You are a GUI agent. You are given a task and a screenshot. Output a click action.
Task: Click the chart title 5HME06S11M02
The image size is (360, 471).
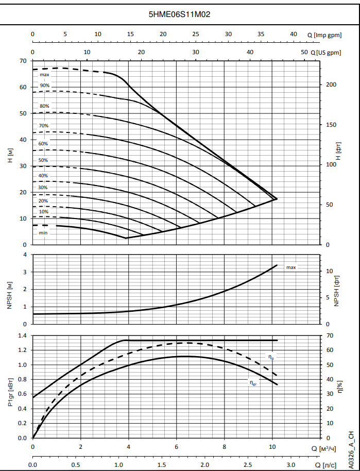pyautogui.click(x=179, y=14)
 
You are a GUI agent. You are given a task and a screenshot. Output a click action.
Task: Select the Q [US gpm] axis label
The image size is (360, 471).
pyautogui.click(x=325, y=53)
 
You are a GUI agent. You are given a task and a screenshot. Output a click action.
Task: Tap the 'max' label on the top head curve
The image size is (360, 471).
pyautogui.click(x=44, y=75)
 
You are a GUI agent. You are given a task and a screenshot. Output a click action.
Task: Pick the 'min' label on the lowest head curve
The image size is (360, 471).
pyautogui.click(x=43, y=233)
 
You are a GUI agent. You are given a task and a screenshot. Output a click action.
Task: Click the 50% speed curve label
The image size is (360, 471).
pyautogui.click(x=43, y=160)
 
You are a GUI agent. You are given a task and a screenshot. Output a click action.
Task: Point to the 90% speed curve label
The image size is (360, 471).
pyautogui.click(x=45, y=86)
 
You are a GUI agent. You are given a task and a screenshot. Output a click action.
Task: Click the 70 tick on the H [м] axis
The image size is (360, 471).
pyautogui.click(x=23, y=61)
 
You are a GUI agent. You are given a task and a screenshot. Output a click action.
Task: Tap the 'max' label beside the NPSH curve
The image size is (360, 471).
pyautogui.click(x=291, y=267)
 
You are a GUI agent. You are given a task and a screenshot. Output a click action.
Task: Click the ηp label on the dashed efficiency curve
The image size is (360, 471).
pyautogui.click(x=270, y=356)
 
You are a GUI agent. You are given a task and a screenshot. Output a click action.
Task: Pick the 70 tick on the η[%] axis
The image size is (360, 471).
pyautogui.click(x=330, y=335)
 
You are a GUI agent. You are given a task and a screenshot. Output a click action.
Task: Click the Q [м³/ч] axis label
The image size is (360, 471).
pyautogui.click(x=324, y=448)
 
